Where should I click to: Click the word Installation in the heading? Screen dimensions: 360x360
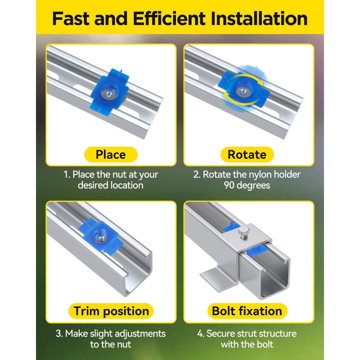[259, 18]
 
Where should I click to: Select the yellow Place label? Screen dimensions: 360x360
[111, 154]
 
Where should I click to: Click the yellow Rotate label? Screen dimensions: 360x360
[247, 154]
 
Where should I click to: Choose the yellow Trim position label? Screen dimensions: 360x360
[111, 311]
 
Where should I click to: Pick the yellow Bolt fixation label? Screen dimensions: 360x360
[247, 311]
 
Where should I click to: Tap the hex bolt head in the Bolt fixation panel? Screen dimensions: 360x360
[243, 232]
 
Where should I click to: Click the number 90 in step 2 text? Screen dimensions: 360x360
[229, 185]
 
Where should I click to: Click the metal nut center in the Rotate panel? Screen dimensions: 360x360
[243, 91]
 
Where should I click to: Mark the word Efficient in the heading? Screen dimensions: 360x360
[169, 18]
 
